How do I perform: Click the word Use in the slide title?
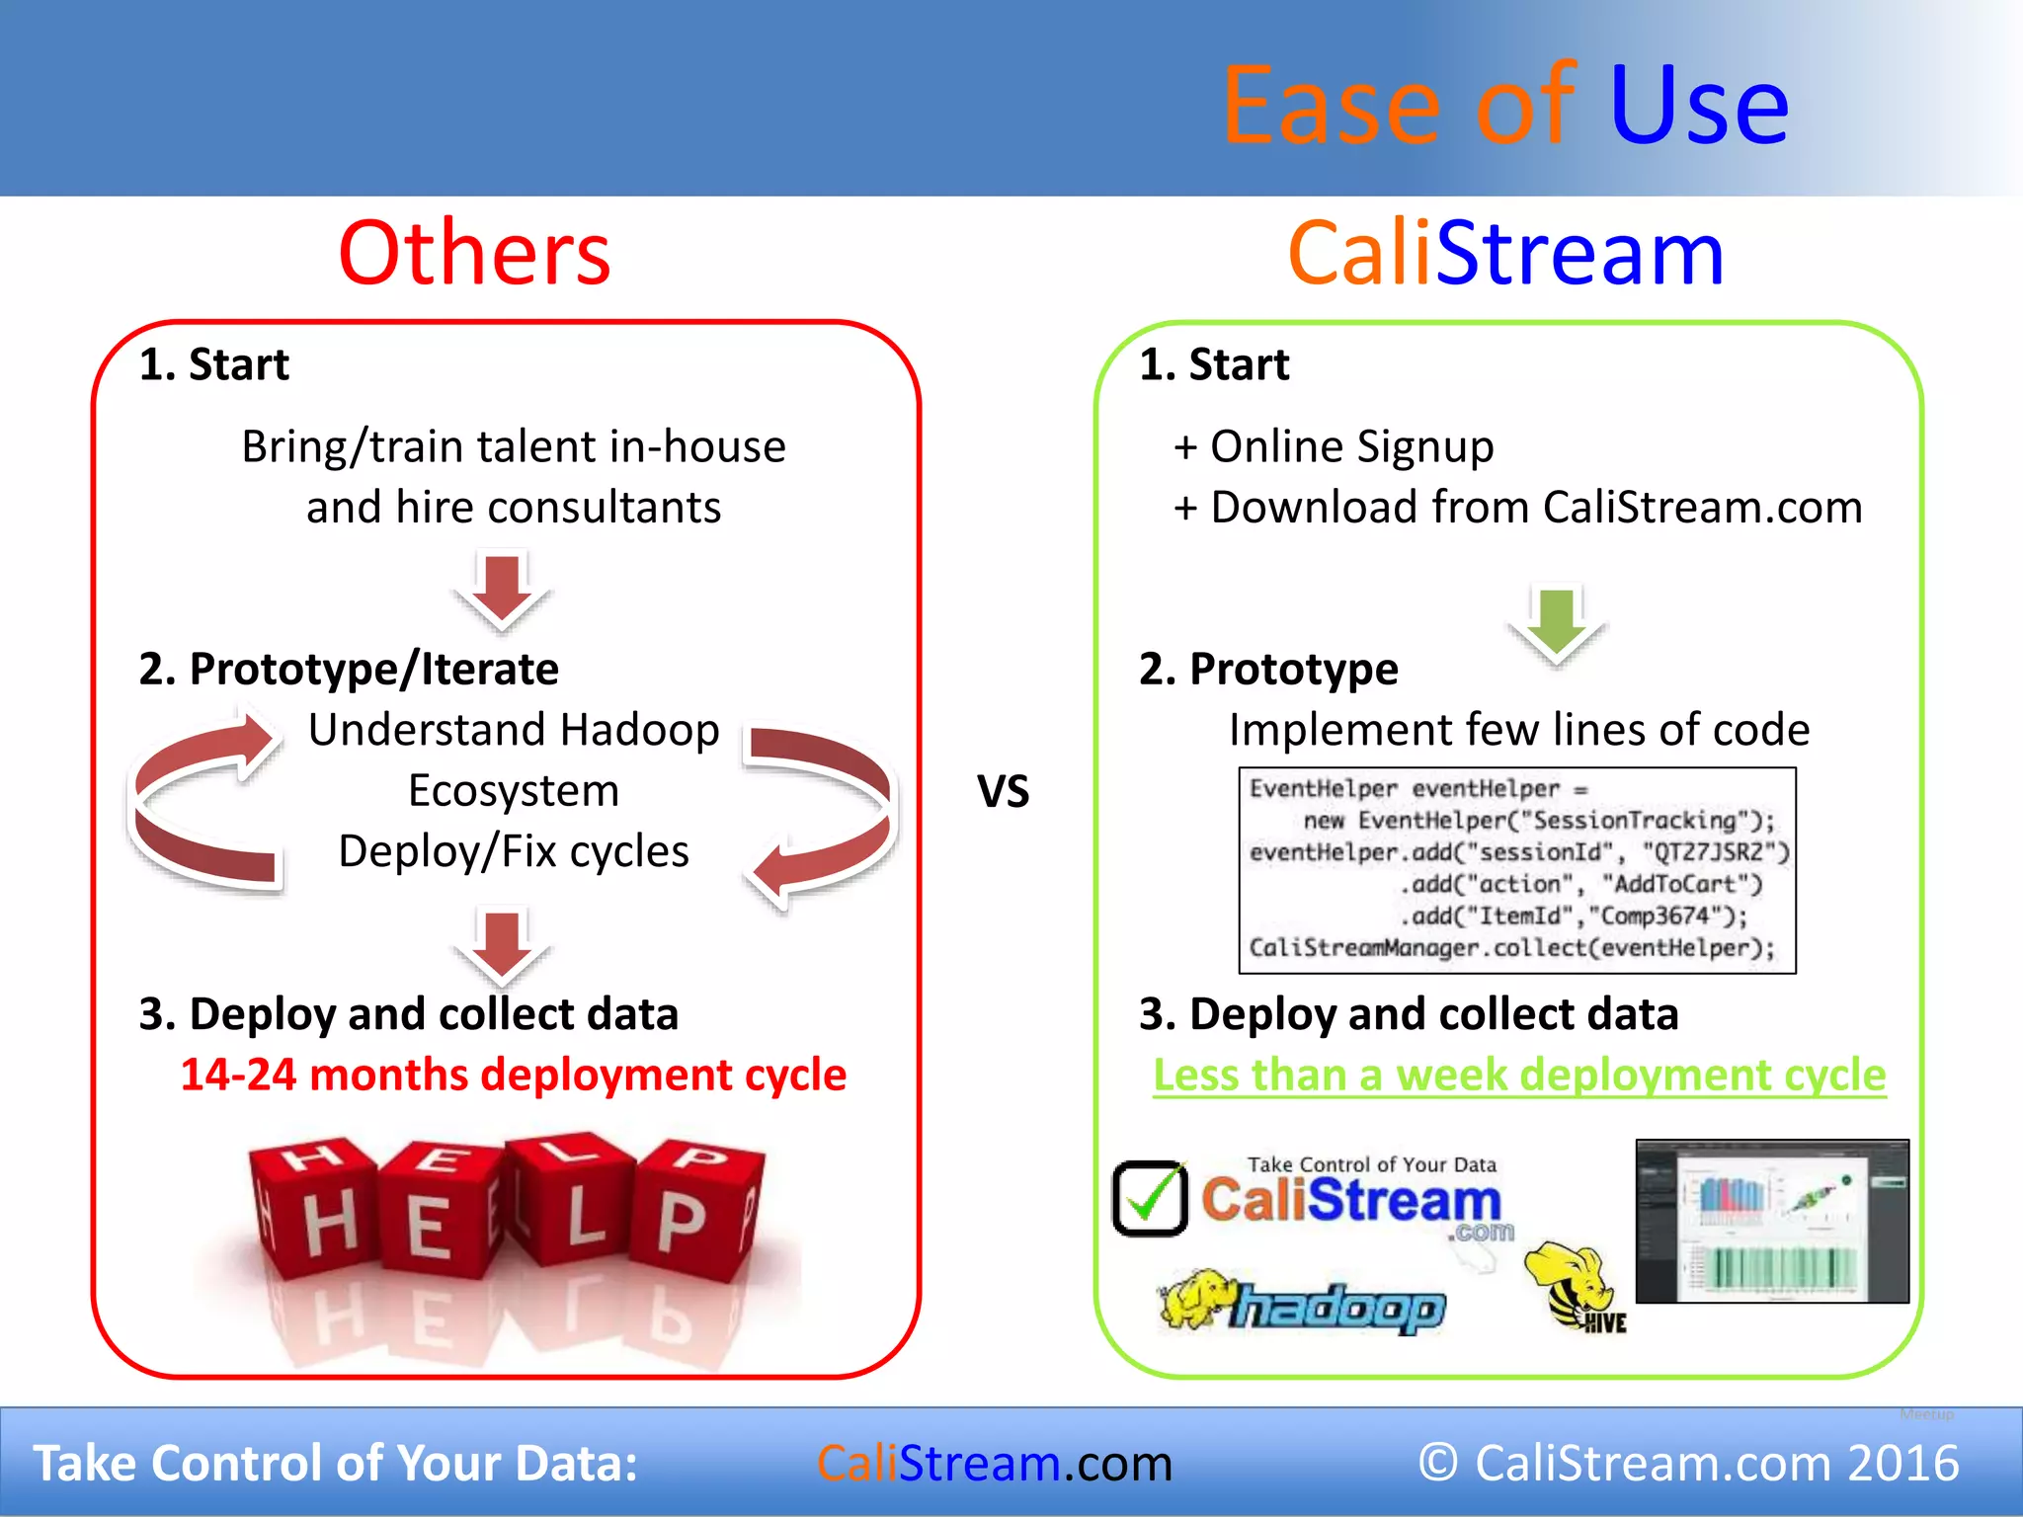[x=1698, y=105]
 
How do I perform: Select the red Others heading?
[x=474, y=254]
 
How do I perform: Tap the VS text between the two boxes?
[x=1003, y=792]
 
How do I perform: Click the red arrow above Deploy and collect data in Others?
[x=502, y=946]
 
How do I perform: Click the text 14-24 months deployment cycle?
[x=513, y=1075]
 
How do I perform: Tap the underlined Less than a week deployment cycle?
[x=1519, y=1075]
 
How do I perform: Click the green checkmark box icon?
[x=1150, y=1198]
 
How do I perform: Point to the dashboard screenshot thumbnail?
[x=1772, y=1221]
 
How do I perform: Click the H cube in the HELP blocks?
[x=319, y=1215]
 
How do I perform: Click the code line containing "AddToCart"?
[x=1580, y=884]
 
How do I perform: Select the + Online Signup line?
[x=1334, y=447]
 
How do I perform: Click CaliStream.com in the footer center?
[x=994, y=1463]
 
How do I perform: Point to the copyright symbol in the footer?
[x=1438, y=1463]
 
